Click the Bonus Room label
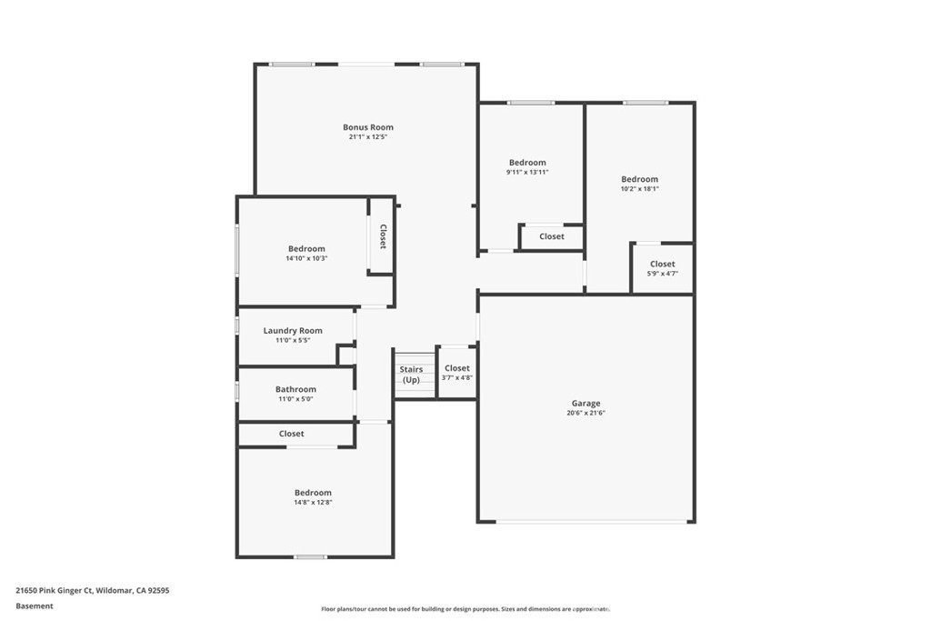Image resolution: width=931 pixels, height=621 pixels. (367, 127)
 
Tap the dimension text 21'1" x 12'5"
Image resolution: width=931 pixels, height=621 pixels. (367, 137)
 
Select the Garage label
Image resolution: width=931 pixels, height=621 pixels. (586, 403)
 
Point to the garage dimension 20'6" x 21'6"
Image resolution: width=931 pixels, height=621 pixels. (586, 413)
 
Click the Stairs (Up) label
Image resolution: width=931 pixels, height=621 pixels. (411, 374)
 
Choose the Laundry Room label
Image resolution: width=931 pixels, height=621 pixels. (293, 331)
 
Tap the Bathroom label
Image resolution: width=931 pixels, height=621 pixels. (295, 389)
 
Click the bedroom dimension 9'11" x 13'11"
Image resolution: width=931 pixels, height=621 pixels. (527, 172)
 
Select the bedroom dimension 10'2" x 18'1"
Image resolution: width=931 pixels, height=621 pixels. (639, 189)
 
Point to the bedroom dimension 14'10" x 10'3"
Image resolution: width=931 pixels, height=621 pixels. (306, 258)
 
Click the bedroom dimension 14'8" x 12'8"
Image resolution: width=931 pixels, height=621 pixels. (313, 502)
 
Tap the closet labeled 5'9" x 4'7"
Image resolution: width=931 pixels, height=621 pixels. (663, 273)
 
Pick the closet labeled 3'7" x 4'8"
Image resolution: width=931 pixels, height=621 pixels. (457, 377)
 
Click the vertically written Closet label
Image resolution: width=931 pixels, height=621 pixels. (383, 236)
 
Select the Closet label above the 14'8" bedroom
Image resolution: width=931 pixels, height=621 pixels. (292, 434)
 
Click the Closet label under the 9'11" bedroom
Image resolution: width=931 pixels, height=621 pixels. (551, 236)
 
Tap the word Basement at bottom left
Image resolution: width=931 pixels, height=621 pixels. (35, 606)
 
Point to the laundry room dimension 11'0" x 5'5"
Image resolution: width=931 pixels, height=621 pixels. (293, 340)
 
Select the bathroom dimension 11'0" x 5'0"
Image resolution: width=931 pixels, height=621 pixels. (295, 398)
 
